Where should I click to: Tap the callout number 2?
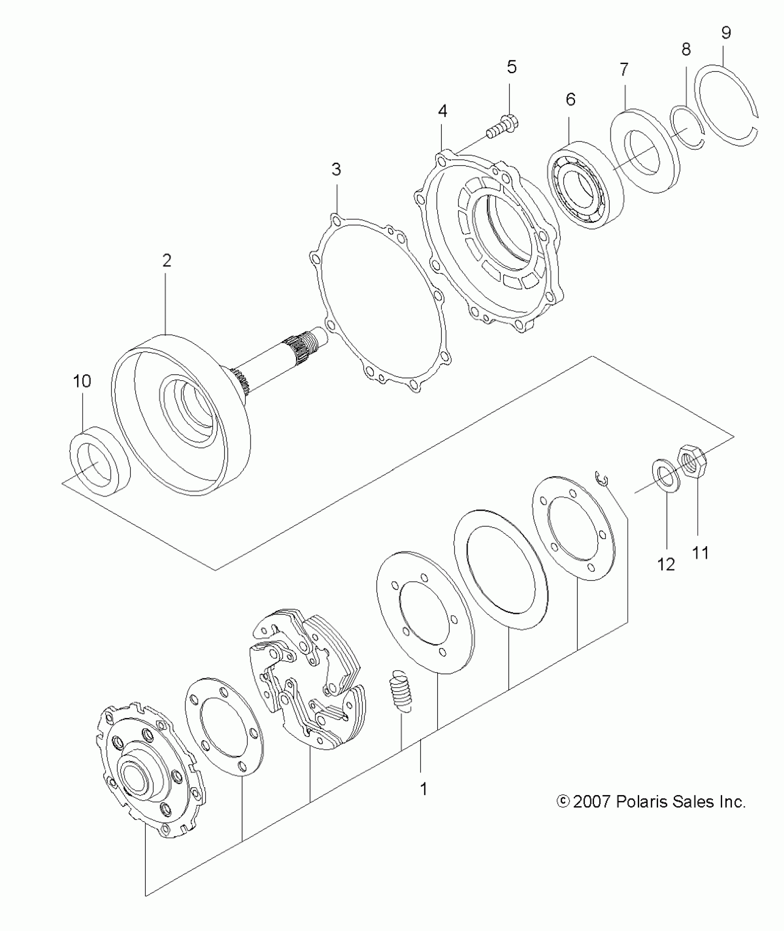[166, 261]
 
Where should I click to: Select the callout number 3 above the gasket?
[336, 170]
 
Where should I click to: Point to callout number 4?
[442, 111]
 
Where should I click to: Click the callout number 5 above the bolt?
[511, 67]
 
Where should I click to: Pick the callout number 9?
[726, 33]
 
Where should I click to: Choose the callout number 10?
[83, 382]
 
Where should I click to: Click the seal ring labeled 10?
[100, 461]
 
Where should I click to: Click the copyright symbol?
[563, 802]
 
